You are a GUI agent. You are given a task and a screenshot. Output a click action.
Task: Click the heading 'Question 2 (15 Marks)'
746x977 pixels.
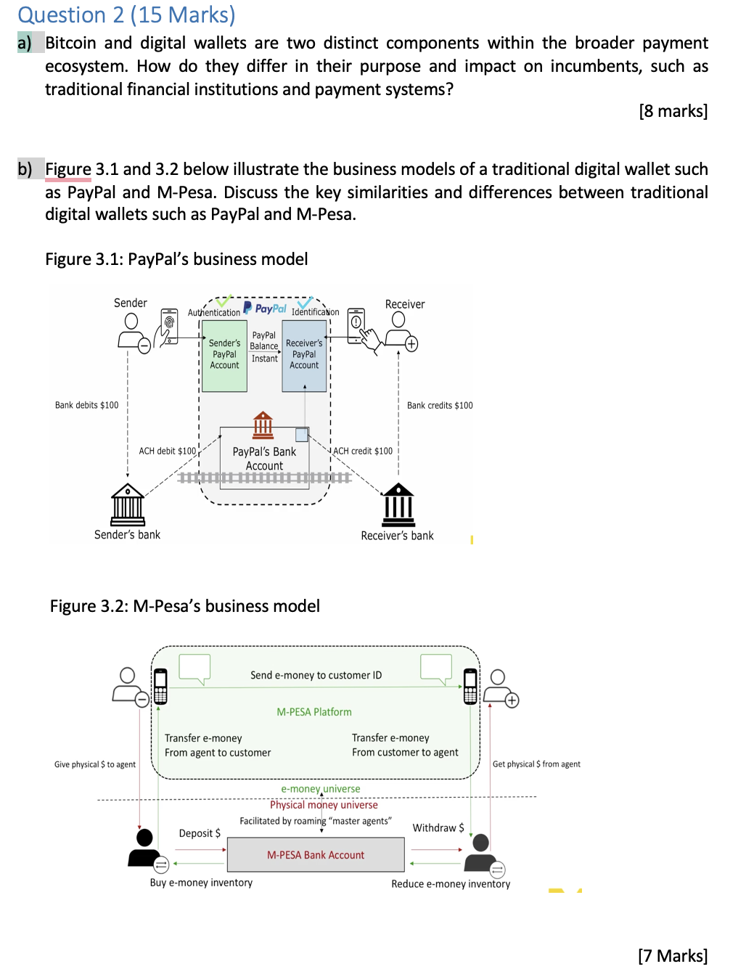(x=126, y=15)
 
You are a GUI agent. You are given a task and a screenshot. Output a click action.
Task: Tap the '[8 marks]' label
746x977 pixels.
(x=673, y=111)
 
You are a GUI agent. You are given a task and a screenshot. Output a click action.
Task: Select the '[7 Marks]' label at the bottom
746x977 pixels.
(x=673, y=955)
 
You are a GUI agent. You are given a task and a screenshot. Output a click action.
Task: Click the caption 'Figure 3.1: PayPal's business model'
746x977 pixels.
(x=176, y=259)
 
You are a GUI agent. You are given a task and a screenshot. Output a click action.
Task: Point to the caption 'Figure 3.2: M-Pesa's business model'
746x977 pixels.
(x=184, y=606)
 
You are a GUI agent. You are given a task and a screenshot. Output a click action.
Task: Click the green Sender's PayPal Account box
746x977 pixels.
(x=224, y=356)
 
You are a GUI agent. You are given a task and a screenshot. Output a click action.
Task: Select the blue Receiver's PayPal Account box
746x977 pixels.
(x=304, y=356)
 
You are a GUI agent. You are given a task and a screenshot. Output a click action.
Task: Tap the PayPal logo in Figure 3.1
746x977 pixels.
(x=265, y=308)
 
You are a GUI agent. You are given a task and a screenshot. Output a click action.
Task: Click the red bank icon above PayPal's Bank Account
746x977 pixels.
(x=263, y=425)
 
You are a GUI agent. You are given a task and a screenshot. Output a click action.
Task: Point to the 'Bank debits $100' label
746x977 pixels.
(x=86, y=405)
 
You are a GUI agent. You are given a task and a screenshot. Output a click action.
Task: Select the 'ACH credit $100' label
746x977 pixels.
(x=363, y=451)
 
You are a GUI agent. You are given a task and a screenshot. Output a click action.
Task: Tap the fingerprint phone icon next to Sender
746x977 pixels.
(x=169, y=326)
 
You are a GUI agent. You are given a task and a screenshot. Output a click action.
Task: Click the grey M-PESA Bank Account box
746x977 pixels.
(x=316, y=855)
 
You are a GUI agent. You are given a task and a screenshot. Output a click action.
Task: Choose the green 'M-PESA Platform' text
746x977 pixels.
(x=314, y=712)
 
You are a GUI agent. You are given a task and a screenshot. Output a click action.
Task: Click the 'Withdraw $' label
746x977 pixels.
(x=438, y=827)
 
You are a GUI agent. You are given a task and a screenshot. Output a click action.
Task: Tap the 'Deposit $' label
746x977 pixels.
(x=200, y=833)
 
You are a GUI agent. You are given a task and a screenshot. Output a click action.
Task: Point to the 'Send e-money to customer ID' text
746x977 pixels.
(x=316, y=675)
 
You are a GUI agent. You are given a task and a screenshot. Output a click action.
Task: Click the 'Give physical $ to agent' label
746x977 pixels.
(x=95, y=764)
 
